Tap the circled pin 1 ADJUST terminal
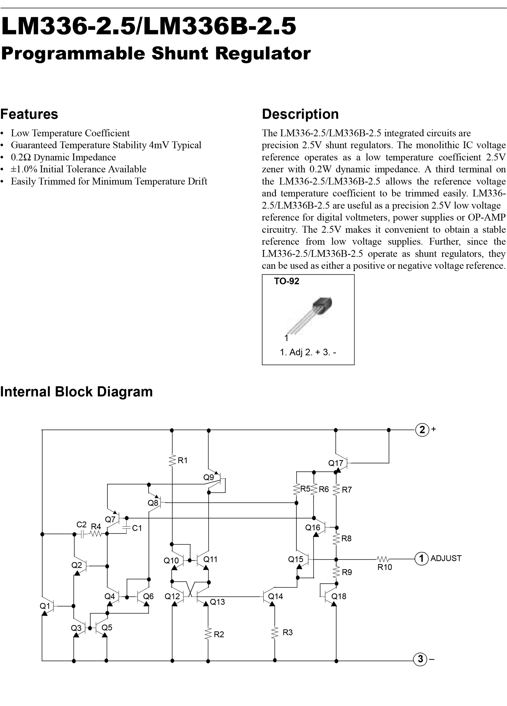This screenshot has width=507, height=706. pos(421,558)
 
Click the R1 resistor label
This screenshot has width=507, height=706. pos(183,460)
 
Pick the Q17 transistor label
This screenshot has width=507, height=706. pos(336,463)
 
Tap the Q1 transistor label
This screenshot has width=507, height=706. pos(45,606)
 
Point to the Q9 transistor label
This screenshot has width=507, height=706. pos(209,477)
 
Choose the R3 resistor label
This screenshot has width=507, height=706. pos(287,632)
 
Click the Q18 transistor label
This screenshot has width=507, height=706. pos(339,596)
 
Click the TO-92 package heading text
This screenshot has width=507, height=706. pos(287,281)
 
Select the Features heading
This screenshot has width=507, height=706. pos(29,114)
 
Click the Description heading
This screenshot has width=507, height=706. pos(300,114)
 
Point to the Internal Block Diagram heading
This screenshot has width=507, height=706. pos(76,392)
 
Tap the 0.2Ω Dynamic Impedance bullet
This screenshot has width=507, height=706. pos(63,157)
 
